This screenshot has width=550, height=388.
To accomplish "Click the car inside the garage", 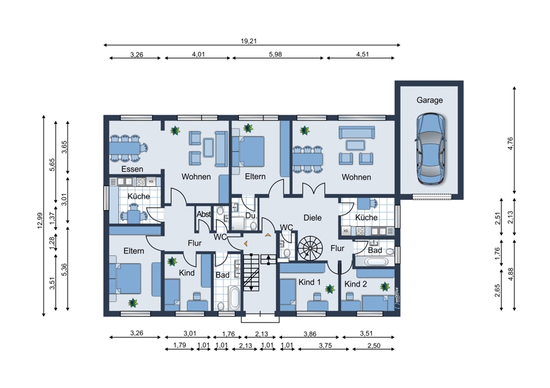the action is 431,149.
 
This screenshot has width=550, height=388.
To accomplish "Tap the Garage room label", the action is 430,100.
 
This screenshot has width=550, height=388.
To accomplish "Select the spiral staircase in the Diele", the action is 310,248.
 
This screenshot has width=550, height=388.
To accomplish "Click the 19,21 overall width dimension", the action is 248,41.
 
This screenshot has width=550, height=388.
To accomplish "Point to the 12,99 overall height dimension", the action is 39,221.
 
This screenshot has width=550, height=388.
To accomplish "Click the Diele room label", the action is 313,218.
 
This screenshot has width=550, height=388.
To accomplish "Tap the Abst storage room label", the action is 204,214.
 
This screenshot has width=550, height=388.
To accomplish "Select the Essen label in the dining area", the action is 132,169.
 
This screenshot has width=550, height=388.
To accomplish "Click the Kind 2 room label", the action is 356,284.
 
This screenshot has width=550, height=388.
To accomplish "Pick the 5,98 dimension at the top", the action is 276,54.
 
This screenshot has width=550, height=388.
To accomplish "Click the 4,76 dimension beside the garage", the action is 511,144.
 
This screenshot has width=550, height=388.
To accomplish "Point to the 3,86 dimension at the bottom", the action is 310,334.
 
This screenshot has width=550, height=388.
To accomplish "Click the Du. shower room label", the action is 251,215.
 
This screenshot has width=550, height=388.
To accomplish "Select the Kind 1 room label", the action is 309,282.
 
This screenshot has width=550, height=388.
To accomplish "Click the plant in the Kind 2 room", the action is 385,286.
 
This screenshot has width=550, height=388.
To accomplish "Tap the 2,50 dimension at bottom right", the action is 374,345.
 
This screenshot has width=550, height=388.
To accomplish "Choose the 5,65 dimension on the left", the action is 52,165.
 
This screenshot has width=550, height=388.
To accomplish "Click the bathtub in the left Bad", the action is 234,297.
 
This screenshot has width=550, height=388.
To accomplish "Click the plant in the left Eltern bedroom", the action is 133,303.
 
